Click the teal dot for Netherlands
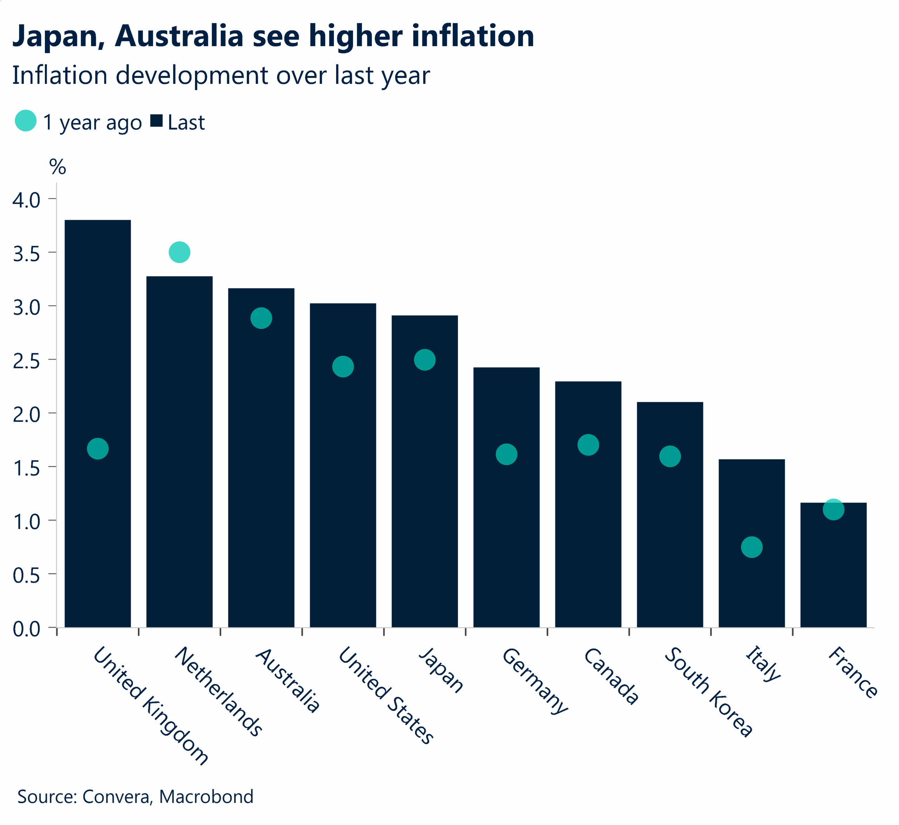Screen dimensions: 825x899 [x=179, y=252]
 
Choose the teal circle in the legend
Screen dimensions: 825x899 [x=25, y=120]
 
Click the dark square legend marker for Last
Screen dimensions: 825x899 [x=156, y=120]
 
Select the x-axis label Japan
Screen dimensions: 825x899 [x=441, y=670]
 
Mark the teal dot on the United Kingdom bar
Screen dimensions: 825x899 [x=98, y=448]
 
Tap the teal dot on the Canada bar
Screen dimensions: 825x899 [x=588, y=445]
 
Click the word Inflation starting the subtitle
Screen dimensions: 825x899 [x=59, y=75]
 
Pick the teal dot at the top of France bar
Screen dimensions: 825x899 [x=833, y=509]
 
